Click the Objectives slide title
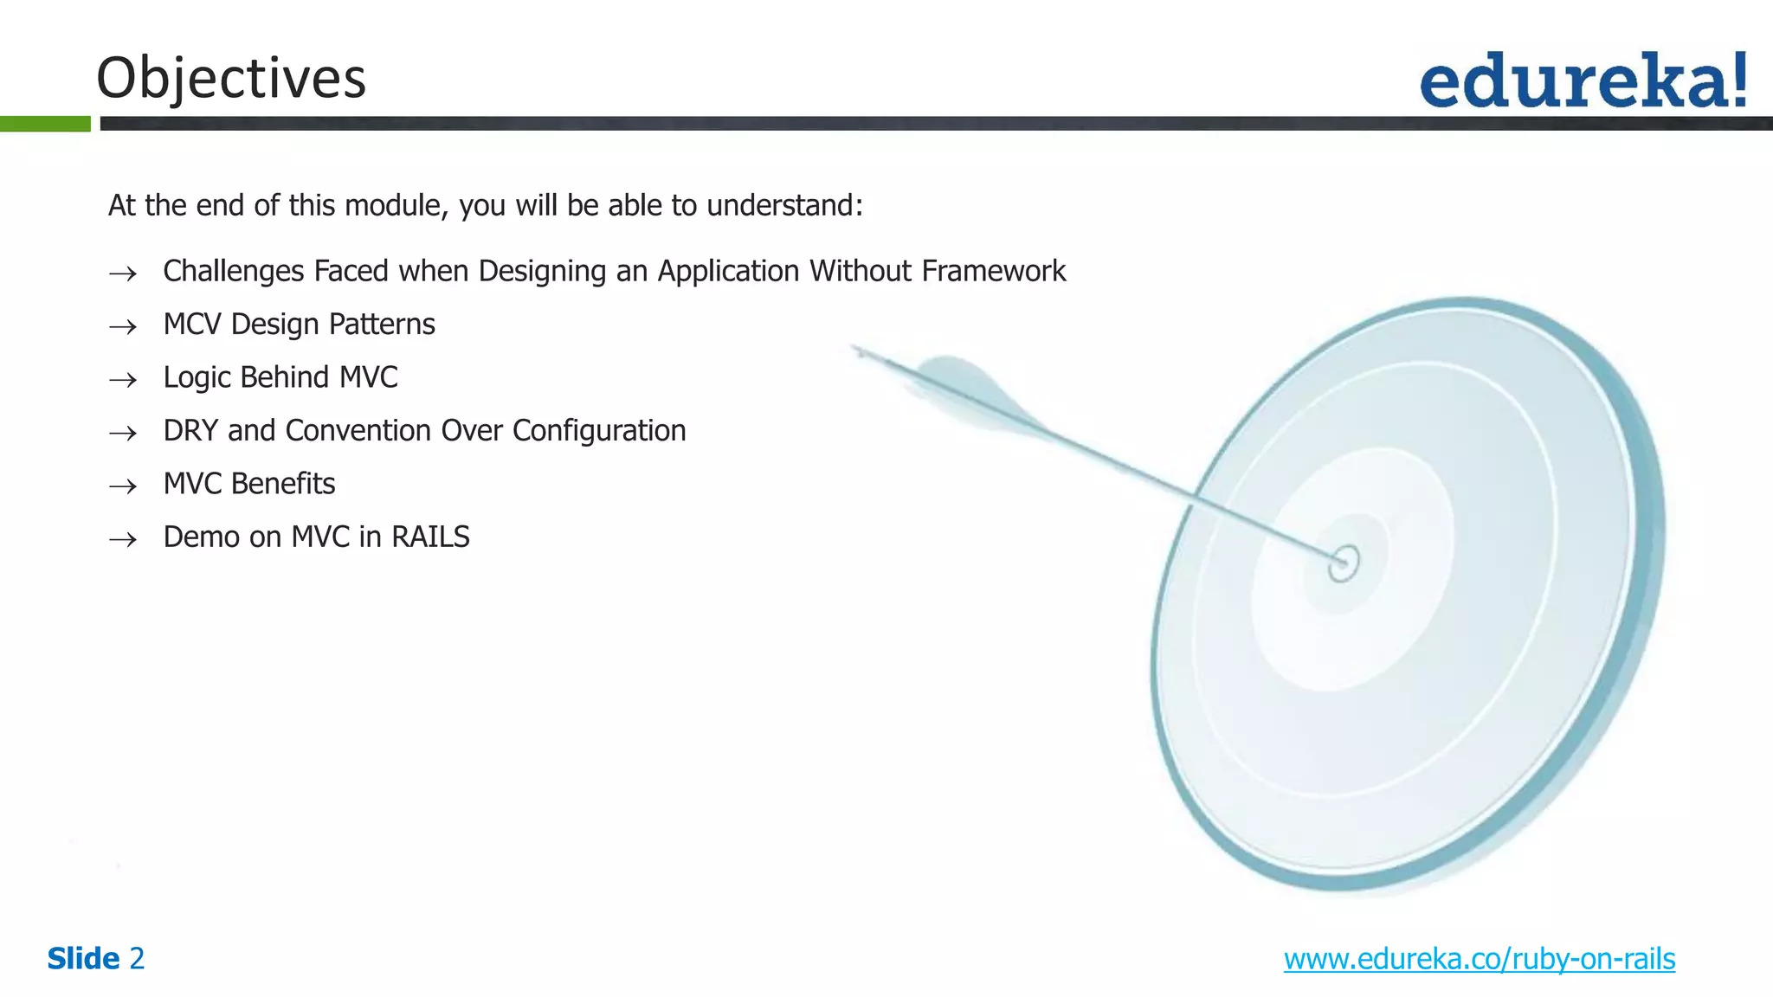pos(231,78)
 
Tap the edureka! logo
pos(1583,81)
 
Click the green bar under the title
pos(45,124)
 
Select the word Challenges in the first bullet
pos(234,272)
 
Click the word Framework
pos(993,272)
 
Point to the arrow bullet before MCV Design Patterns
pos(123,326)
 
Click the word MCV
pos(192,325)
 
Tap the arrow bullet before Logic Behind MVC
pos(123,380)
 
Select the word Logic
pos(197,378)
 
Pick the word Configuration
pos(599,431)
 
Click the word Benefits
pos(281,484)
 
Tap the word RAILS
pos(430,537)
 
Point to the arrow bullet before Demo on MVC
pos(123,540)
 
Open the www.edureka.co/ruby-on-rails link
pos(1479,959)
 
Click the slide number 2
pos(137,959)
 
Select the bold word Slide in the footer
pos(83,959)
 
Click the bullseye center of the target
pos(1344,563)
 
